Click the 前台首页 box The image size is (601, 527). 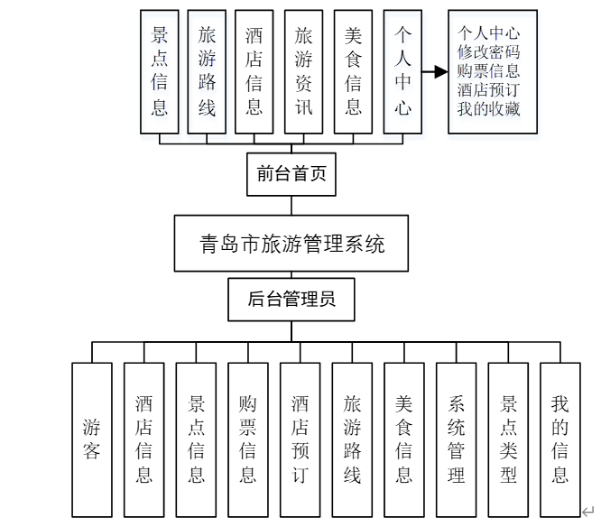(x=291, y=174)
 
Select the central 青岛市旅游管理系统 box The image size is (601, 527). (x=291, y=244)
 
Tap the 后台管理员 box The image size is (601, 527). (x=291, y=299)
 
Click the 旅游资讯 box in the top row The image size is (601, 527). (x=303, y=72)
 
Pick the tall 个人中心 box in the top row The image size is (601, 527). (x=402, y=72)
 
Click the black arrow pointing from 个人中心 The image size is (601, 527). (x=436, y=72)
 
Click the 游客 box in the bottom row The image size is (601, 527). (x=92, y=439)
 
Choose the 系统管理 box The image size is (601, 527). (x=457, y=439)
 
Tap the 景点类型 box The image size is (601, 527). (x=509, y=439)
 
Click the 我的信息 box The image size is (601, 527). (x=560, y=439)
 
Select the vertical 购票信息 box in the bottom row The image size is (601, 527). (x=248, y=439)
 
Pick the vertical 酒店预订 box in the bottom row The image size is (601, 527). (x=300, y=439)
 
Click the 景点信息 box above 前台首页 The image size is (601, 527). (x=160, y=72)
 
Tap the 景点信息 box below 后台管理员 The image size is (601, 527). (x=196, y=439)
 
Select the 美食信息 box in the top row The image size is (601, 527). (x=353, y=72)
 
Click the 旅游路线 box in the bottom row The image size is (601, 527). (x=352, y=439)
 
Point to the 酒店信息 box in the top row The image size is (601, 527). (x=254, y=72)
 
